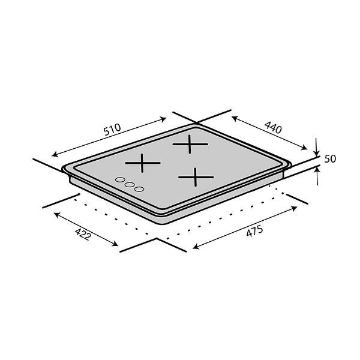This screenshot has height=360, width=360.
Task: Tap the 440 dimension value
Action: [x=273, y=127]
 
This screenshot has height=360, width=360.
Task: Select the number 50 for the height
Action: [x=329, y=159]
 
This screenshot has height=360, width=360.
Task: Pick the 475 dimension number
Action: [x=254, y=230]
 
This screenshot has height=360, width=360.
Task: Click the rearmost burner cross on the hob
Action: [x=190, y=145]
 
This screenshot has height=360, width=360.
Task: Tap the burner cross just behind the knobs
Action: [x=142, y=163]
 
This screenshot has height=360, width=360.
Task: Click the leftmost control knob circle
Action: [x=119, y=180]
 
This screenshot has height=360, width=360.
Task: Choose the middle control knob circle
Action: [x=129, y=185]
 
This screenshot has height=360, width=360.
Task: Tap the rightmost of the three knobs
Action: [x=139, y=189]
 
